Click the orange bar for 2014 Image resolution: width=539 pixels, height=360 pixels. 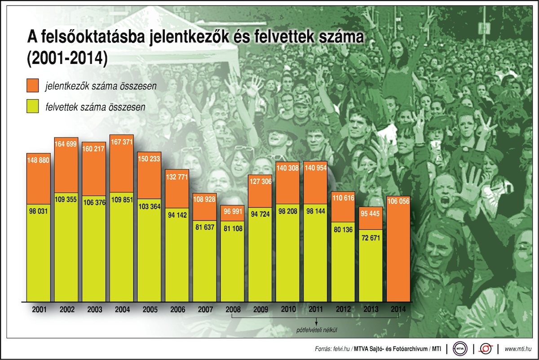pos(398,252)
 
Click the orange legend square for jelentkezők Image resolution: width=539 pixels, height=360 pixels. pos(34,85)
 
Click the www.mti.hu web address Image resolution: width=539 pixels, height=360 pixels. pos(519,349)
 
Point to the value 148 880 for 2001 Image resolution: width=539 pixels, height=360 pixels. pos(39,160)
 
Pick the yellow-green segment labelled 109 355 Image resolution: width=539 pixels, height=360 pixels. pos(66,252)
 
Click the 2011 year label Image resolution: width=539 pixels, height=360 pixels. pos(315,310)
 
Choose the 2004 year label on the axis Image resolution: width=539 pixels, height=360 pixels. pos(122,310)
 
